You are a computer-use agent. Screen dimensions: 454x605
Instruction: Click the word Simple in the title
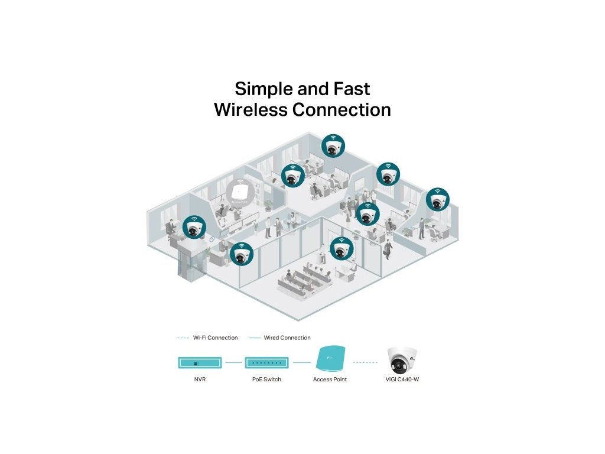pyautogui.click(x=262, y=89)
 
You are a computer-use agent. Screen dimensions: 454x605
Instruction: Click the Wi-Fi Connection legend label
pyautogui.click(x=215, y=338)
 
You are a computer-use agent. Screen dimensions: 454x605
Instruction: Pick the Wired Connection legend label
pyautogui.click(x=287, y=338)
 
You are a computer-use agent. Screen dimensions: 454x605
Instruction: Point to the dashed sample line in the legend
pyautogui.click(x=183, y=338)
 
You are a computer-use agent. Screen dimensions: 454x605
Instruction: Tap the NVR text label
pyautogui.click(x=200, y=379)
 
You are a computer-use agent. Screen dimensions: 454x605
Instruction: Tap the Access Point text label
pyautogui.click(x=330, y=379)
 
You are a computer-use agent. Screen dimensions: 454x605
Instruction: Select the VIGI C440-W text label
pyautogui.click(x=402, y=379)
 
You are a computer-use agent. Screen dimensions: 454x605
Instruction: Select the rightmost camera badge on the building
pyautogui.click(x=437, y=199)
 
